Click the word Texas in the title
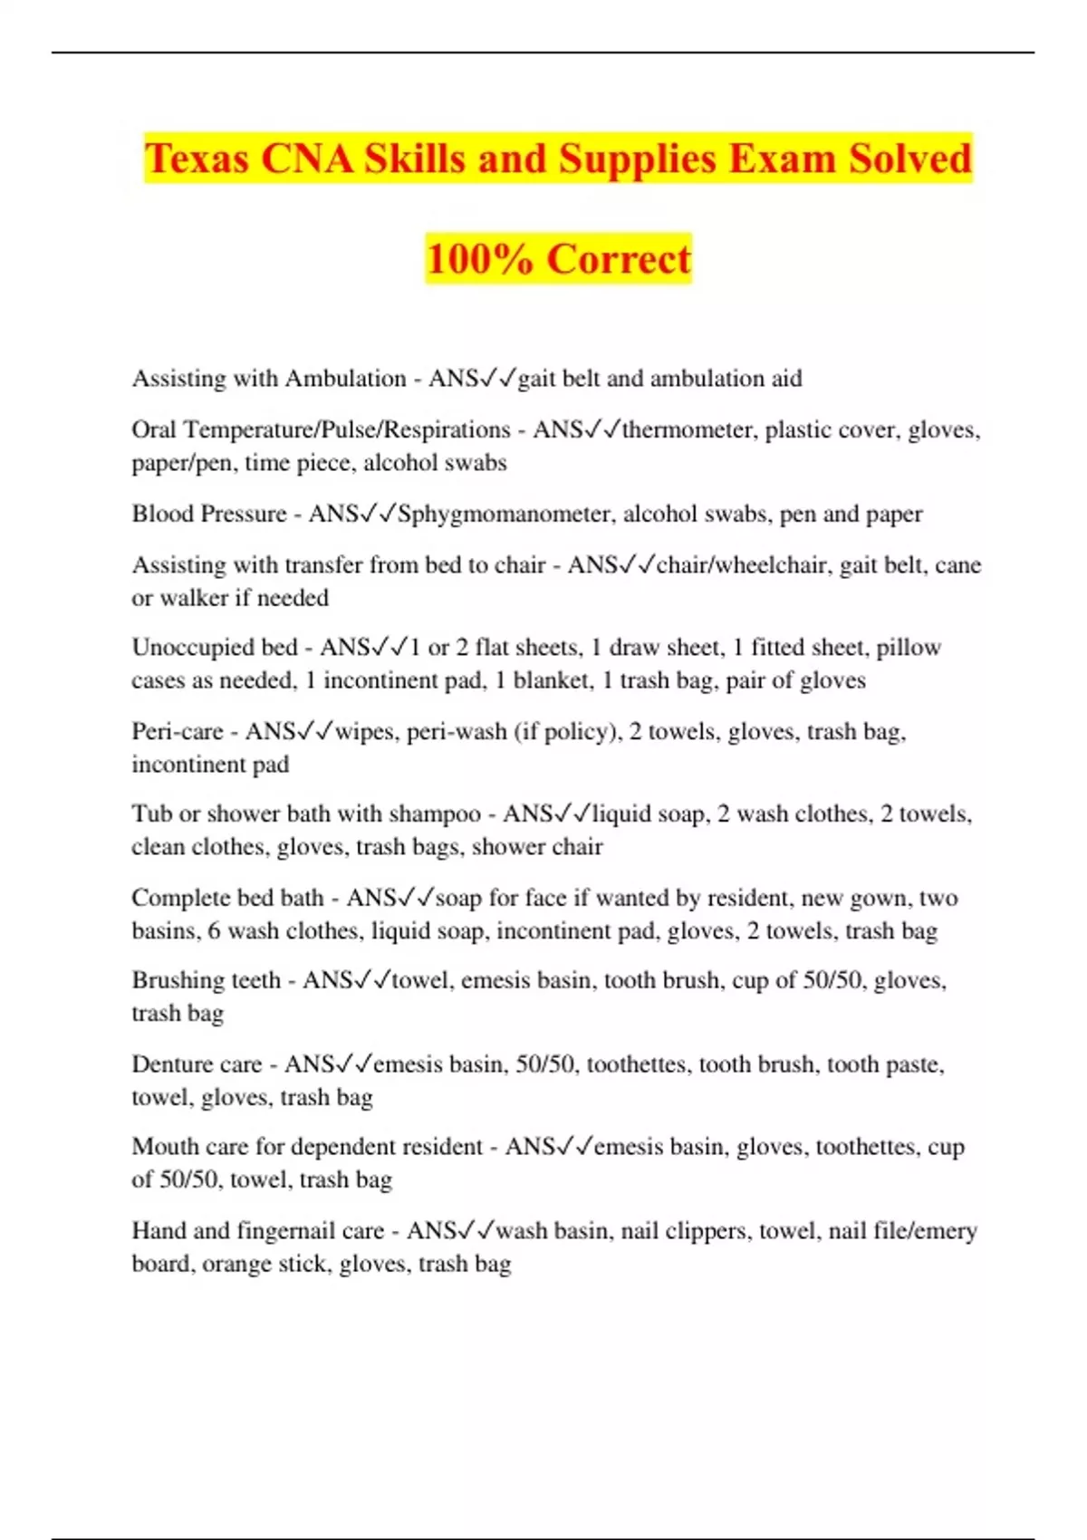197,159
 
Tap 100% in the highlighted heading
479,259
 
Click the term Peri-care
178,731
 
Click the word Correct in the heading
619,259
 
